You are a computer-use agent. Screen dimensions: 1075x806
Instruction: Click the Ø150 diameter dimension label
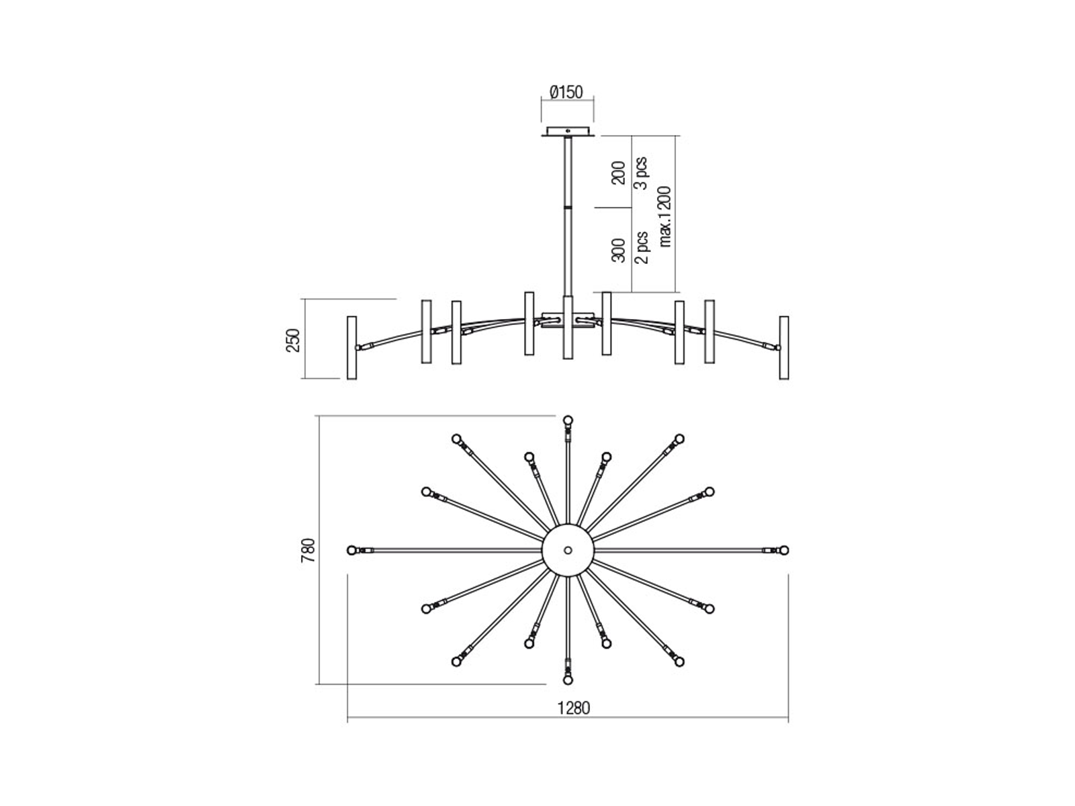566,92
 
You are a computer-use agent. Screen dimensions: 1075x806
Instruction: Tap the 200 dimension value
619,173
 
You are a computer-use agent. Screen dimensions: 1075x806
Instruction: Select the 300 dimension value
619,250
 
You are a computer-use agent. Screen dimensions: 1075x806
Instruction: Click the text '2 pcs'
642,248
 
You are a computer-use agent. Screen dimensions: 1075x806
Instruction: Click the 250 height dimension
292,341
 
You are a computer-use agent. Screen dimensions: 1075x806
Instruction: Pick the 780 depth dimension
308,550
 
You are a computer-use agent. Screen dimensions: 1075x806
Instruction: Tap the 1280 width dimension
574,708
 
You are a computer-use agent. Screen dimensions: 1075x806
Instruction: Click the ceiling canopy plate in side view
568,132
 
